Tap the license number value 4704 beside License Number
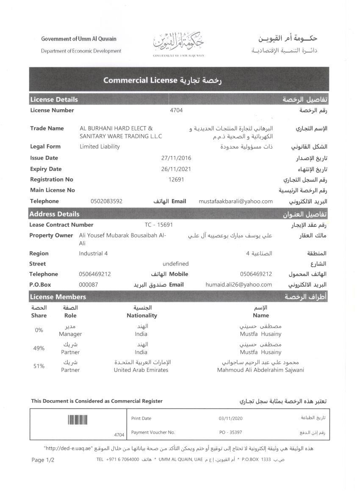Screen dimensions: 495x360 pos(176,110)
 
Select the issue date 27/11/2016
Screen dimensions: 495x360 pos(176,158)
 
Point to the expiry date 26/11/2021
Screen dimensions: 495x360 pos(176,169)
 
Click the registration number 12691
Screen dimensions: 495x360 pos(176,179)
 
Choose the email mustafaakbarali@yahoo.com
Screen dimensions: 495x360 pos(236,201)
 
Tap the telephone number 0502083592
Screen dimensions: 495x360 pos(107,201)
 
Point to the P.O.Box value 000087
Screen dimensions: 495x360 pos(89,285)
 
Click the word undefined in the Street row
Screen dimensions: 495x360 pos(176,264)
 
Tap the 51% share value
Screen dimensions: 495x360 pos(39,366)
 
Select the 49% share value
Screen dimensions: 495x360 pos(39,348)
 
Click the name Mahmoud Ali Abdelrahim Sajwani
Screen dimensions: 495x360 pos(260,370)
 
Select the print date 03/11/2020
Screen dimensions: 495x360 pos(230,418)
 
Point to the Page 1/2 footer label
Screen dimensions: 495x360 pos(43,459)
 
